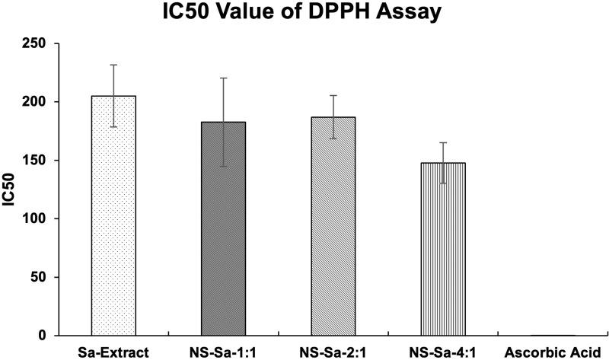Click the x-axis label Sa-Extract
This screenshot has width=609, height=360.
pos(113,351)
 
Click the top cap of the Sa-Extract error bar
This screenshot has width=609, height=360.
pos(113,65)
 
